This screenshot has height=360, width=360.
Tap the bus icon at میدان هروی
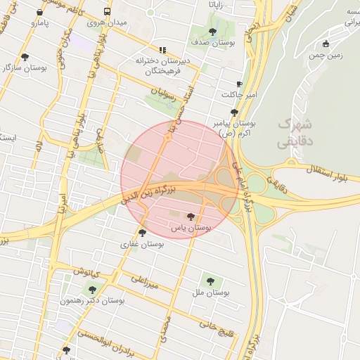click(x=107, y=11)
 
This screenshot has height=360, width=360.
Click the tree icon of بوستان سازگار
click(x=25, y=57)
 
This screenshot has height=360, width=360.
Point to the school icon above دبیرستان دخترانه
click(x=163, y=50)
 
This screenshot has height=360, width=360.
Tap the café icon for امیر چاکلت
click(x=239, y=83)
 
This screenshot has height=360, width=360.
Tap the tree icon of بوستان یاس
click(x=191, y=217)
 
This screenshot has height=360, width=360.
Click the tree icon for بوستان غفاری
click(x=142, y=233)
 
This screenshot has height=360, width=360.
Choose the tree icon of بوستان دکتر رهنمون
click(x=91, y=288)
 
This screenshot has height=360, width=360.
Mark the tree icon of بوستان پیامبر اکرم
click(x=234, y=112)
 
